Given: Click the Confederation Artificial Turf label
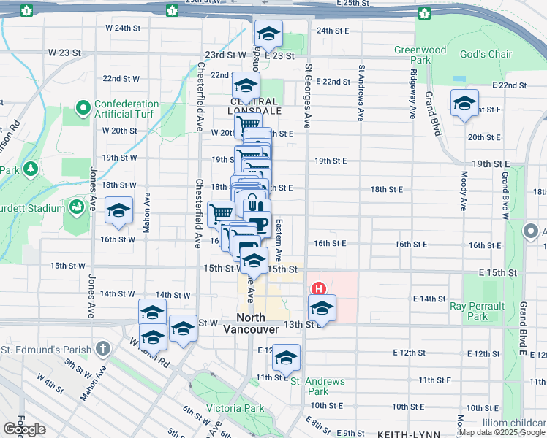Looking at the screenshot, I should tap(127, 109).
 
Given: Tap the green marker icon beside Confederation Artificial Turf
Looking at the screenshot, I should tap(83, 109).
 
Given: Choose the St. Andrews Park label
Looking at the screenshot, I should tap(317, 386).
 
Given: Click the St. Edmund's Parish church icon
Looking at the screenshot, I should tap(103, 347).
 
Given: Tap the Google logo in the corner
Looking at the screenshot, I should tap(24, 429).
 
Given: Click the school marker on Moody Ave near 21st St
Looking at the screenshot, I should tap(464, 103).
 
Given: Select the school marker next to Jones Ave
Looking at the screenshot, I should tap(118, 211).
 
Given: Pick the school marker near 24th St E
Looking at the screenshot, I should tap(268, 34).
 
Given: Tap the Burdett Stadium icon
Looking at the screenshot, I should tap(75, 208).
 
